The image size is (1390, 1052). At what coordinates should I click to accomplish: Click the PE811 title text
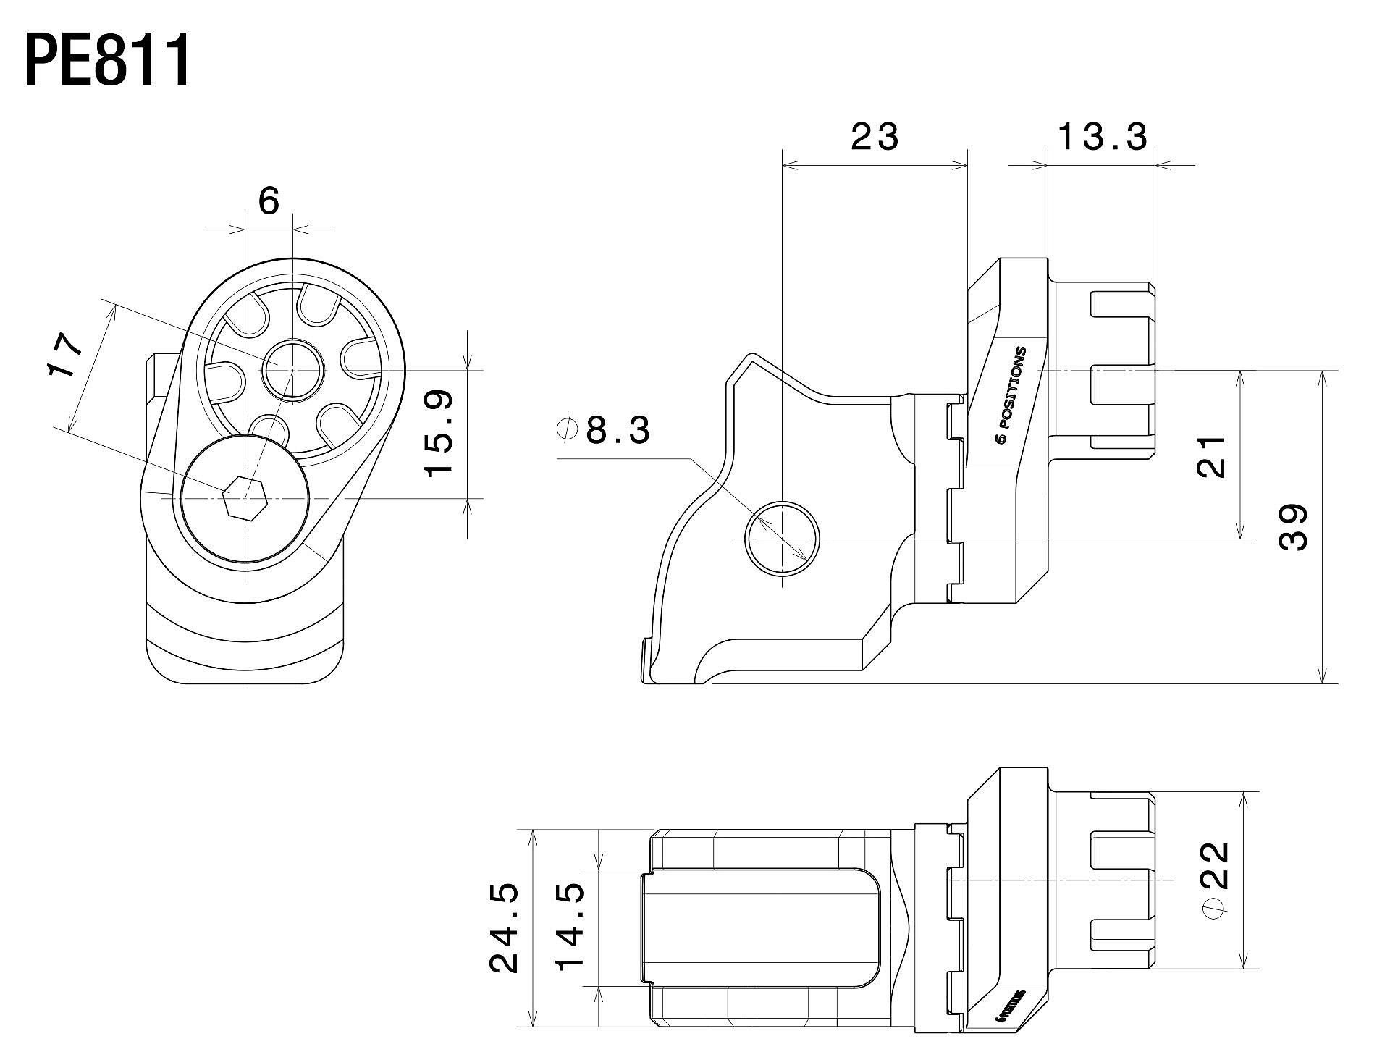point(109,62)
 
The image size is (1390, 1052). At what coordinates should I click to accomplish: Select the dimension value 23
point(875,136)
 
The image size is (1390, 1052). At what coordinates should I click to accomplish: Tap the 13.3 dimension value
point(1103,136)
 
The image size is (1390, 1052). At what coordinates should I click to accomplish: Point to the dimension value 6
point(269,201)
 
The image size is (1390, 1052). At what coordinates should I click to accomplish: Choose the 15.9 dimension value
point(439,432)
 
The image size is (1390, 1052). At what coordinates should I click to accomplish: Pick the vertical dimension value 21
point(1211,456)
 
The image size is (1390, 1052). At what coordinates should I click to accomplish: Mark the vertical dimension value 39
point(1293,526)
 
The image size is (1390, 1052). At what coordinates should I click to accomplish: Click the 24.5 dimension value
point(505,927)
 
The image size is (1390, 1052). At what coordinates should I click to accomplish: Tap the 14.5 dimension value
point(570,927)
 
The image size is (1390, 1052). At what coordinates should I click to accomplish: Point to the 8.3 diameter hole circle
point(783,538)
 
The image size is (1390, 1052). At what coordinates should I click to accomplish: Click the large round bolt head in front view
point(245,500)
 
